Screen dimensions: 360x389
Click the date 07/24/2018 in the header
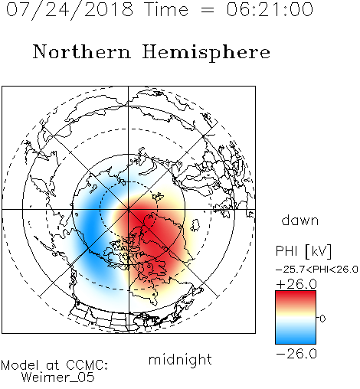pyautogui.click(x=70, y=10)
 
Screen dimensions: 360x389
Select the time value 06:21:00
pyautogui.click(x=270, y=9)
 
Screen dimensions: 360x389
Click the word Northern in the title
pyautogui.click(x=82, y=52)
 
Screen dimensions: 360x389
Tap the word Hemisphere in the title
pyautogui.click(x=206, y=53)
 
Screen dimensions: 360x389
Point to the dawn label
pyautogui.click(x=300, y=221)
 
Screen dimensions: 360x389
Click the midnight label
pyautogui.click(x=180, y=359)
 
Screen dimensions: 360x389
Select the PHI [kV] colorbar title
pyautogui.click(x=303, y=251)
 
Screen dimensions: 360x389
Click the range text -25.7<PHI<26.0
pyautogui.click(x=317, y=270)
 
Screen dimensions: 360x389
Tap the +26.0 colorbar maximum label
pyautogui.click(x=296, y=284)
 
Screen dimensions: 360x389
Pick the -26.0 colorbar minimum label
pyautogui.click(x=296, y=354)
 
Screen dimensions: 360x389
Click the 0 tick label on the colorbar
pyautogui.click(x=322, y=319)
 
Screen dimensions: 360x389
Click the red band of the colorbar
pyautogui.click(x=296, y=297)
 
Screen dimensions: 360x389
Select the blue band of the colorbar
pyautogui.click(x=296, y=337)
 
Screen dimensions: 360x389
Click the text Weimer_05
pyautogui.click(x=58, y=378)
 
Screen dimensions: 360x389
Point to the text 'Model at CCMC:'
pyautogui.click(x=54, y=365)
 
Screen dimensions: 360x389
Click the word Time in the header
pyautogui.click(x=166, y=9)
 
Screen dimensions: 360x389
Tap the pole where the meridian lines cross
pyautogui.click(x=128, y=210)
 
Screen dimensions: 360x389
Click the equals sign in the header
pyautogui.click(x=207, y=11)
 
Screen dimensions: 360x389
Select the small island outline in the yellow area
pyautogui.click(x=195, y=225)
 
